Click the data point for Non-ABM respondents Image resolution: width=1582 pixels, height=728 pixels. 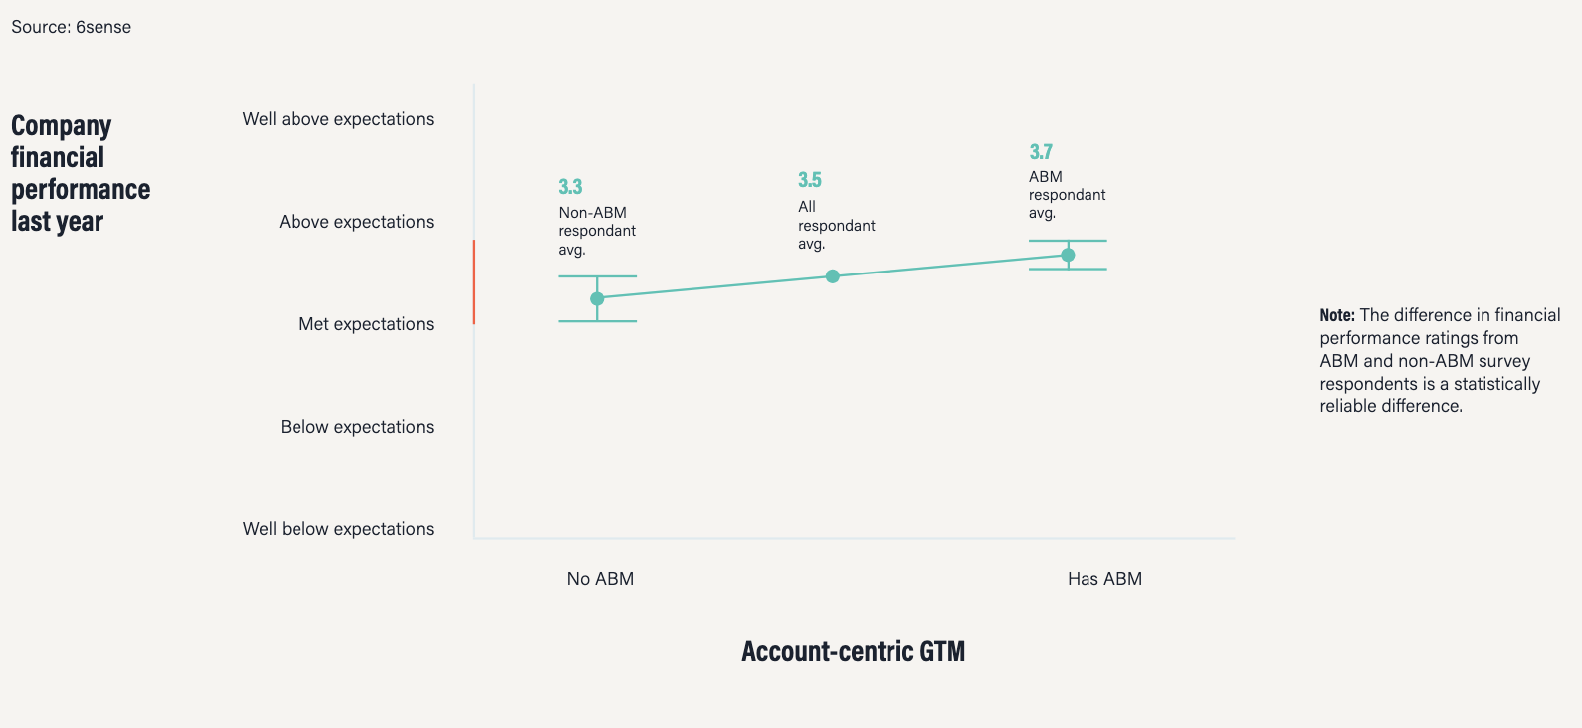click(x=597, y=298)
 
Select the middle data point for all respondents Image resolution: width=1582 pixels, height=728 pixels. click(x=833, y=276)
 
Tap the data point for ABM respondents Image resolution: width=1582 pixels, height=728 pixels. click(x=1068, y=255)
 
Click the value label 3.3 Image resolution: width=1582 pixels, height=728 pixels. click(x=571, y=186)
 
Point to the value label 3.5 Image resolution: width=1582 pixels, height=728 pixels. click(x=810, y=180)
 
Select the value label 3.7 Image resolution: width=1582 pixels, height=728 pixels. click(x=1041, y=152)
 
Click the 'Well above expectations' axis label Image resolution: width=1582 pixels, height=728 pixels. click(x=338, y=119)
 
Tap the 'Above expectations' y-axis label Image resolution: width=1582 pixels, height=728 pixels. click(x=356, y=222)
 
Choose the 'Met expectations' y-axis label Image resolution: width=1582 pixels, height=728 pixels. click(x=366, y=324)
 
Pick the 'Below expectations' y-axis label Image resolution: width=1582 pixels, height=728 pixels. click(x=357, y=427)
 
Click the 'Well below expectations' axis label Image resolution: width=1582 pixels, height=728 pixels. click(x=338, y=529)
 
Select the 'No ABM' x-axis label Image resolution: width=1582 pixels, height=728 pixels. click(x=600, y=579)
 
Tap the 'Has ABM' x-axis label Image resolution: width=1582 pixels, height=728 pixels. click(x=1104, y=579)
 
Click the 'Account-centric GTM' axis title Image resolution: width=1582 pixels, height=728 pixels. click(x=853, y=651)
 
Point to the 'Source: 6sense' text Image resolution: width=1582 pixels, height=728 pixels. click(x=72, y=27)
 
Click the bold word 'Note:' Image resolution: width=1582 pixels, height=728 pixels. click(x=1337, y=315)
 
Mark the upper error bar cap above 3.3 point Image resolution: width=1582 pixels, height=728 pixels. click(x=598, y=276)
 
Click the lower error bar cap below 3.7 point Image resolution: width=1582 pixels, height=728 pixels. click(x=1068, y=270)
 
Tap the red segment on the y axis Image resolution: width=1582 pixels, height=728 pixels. click(x=474, y=282)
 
